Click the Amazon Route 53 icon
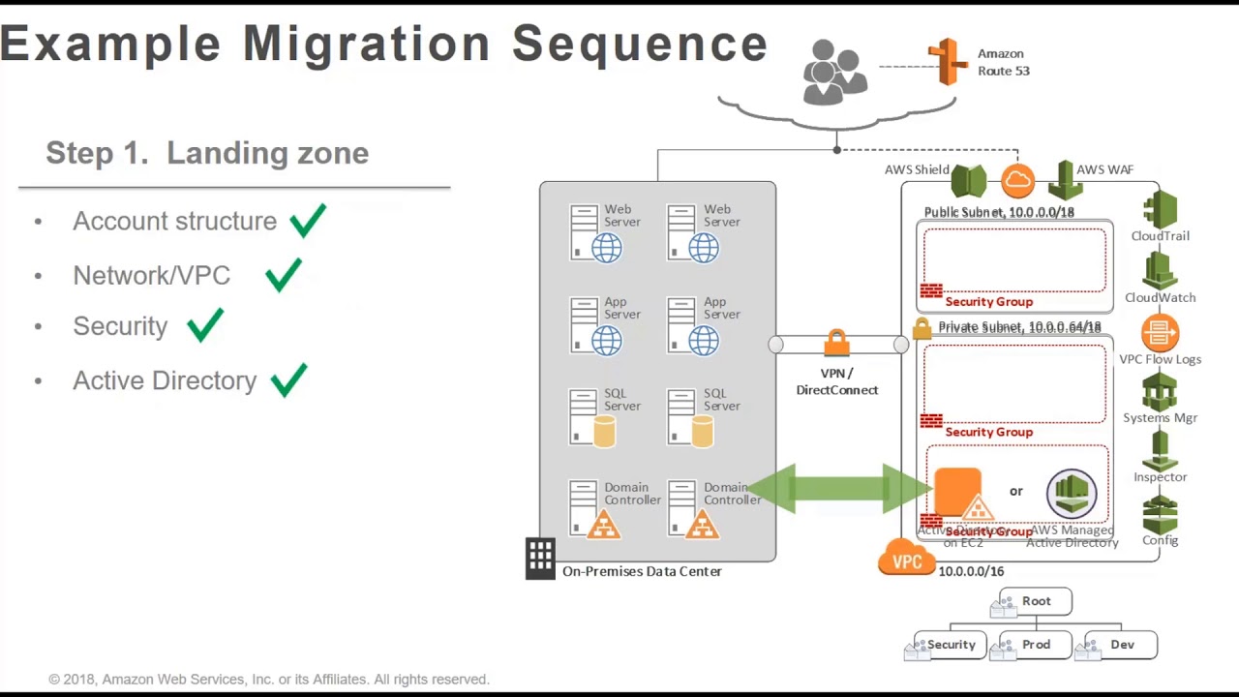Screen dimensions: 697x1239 click(948, 61)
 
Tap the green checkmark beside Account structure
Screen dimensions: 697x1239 click(307, 221)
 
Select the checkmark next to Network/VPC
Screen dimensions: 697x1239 click(283, 275)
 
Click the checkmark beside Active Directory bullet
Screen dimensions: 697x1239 click(288, 380)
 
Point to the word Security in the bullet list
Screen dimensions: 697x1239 click(120, 326)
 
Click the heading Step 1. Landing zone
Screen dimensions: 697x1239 click(207, 153)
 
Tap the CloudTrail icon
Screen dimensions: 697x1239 click(1160, 209)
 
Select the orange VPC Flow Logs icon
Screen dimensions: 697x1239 click(1160, 333)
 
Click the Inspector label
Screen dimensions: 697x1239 click(1160, 477)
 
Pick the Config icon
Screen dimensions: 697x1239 click(1160, 515)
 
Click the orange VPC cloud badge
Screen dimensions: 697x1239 click(907, 560)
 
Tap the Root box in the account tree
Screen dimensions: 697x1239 click(1036, 601)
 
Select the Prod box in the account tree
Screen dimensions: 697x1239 click(1036, 645)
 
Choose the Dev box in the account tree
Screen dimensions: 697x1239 click(1122, 645)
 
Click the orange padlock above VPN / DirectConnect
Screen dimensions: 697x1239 click(837, 343)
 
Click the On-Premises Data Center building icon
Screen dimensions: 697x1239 click(540, 558)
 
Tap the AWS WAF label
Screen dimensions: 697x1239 click(1104, 169)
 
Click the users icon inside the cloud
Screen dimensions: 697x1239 click(833, 72)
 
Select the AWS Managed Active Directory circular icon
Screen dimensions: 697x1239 click(1071, 493)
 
